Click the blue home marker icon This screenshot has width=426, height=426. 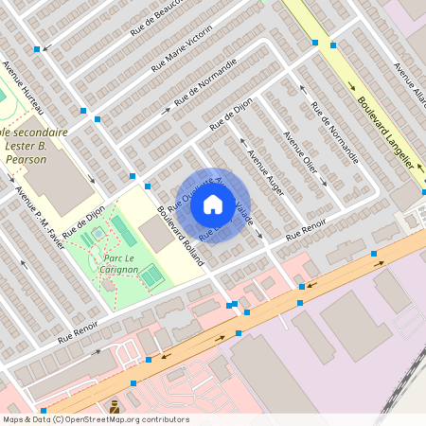click(213, 204)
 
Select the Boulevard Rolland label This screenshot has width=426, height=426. click(180, 236)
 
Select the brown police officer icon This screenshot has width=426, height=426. click(115, 406)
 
